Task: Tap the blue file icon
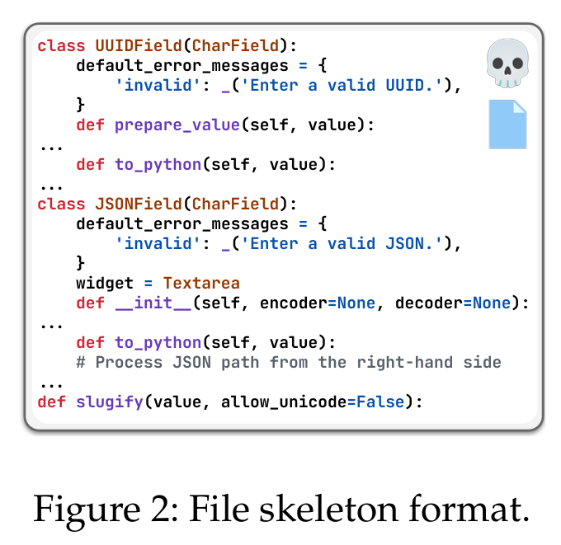[x=507, y=124]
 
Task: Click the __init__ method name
[x=153, y=303]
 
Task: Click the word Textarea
[x=201, y=283]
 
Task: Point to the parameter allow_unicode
[x=273, y=402]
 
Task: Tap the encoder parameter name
[x=293, y=303]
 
